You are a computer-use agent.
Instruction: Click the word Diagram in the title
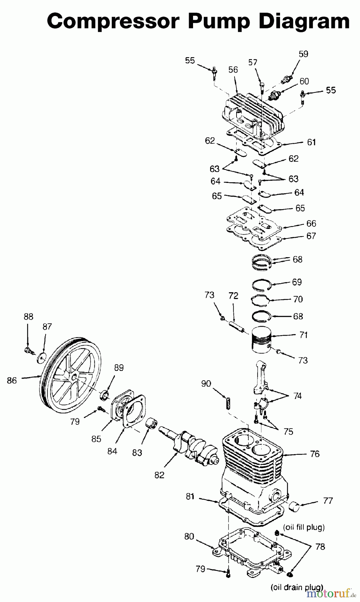pos(304,22)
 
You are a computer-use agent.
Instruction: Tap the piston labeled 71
pos(261,340)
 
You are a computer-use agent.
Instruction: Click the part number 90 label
pos(206,384)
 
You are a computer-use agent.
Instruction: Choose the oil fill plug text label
pos(304,527)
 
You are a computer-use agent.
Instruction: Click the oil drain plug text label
pos(297,587)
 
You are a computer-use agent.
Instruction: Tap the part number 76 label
pos(314,454)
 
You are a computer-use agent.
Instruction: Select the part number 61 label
pos(311,142)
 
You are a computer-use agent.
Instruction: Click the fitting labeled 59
pos(287,80)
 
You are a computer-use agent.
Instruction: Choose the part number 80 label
pos(189,536)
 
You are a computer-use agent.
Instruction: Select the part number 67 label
pos(311,236)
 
